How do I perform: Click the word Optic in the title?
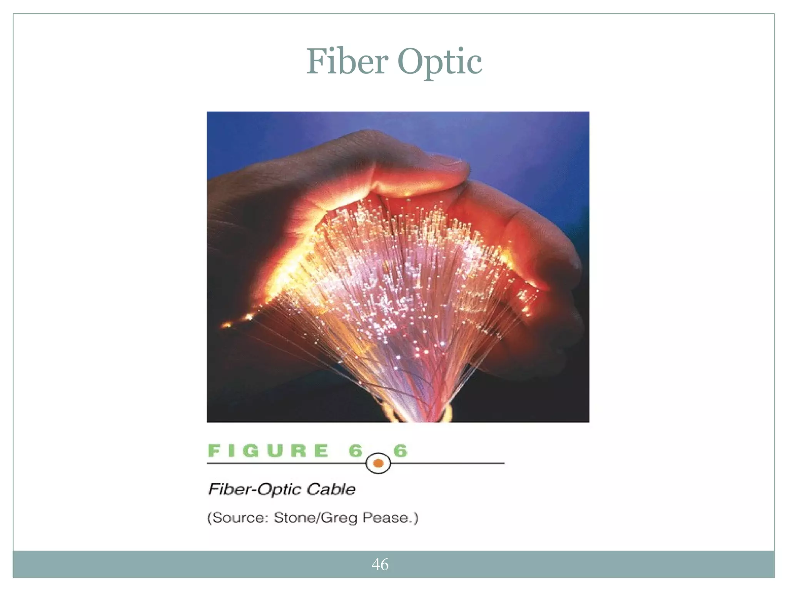coord(439,62)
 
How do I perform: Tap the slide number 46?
coord(380,564)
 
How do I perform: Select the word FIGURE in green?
coord(268,451)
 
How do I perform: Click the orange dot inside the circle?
coord(378,463)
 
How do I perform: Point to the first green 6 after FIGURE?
coord(356,451)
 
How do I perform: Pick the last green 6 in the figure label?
coord(400,451)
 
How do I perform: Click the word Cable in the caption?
coord(331,489)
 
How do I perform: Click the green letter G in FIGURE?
coord(251,451)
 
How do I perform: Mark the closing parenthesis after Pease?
coord(415,518)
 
